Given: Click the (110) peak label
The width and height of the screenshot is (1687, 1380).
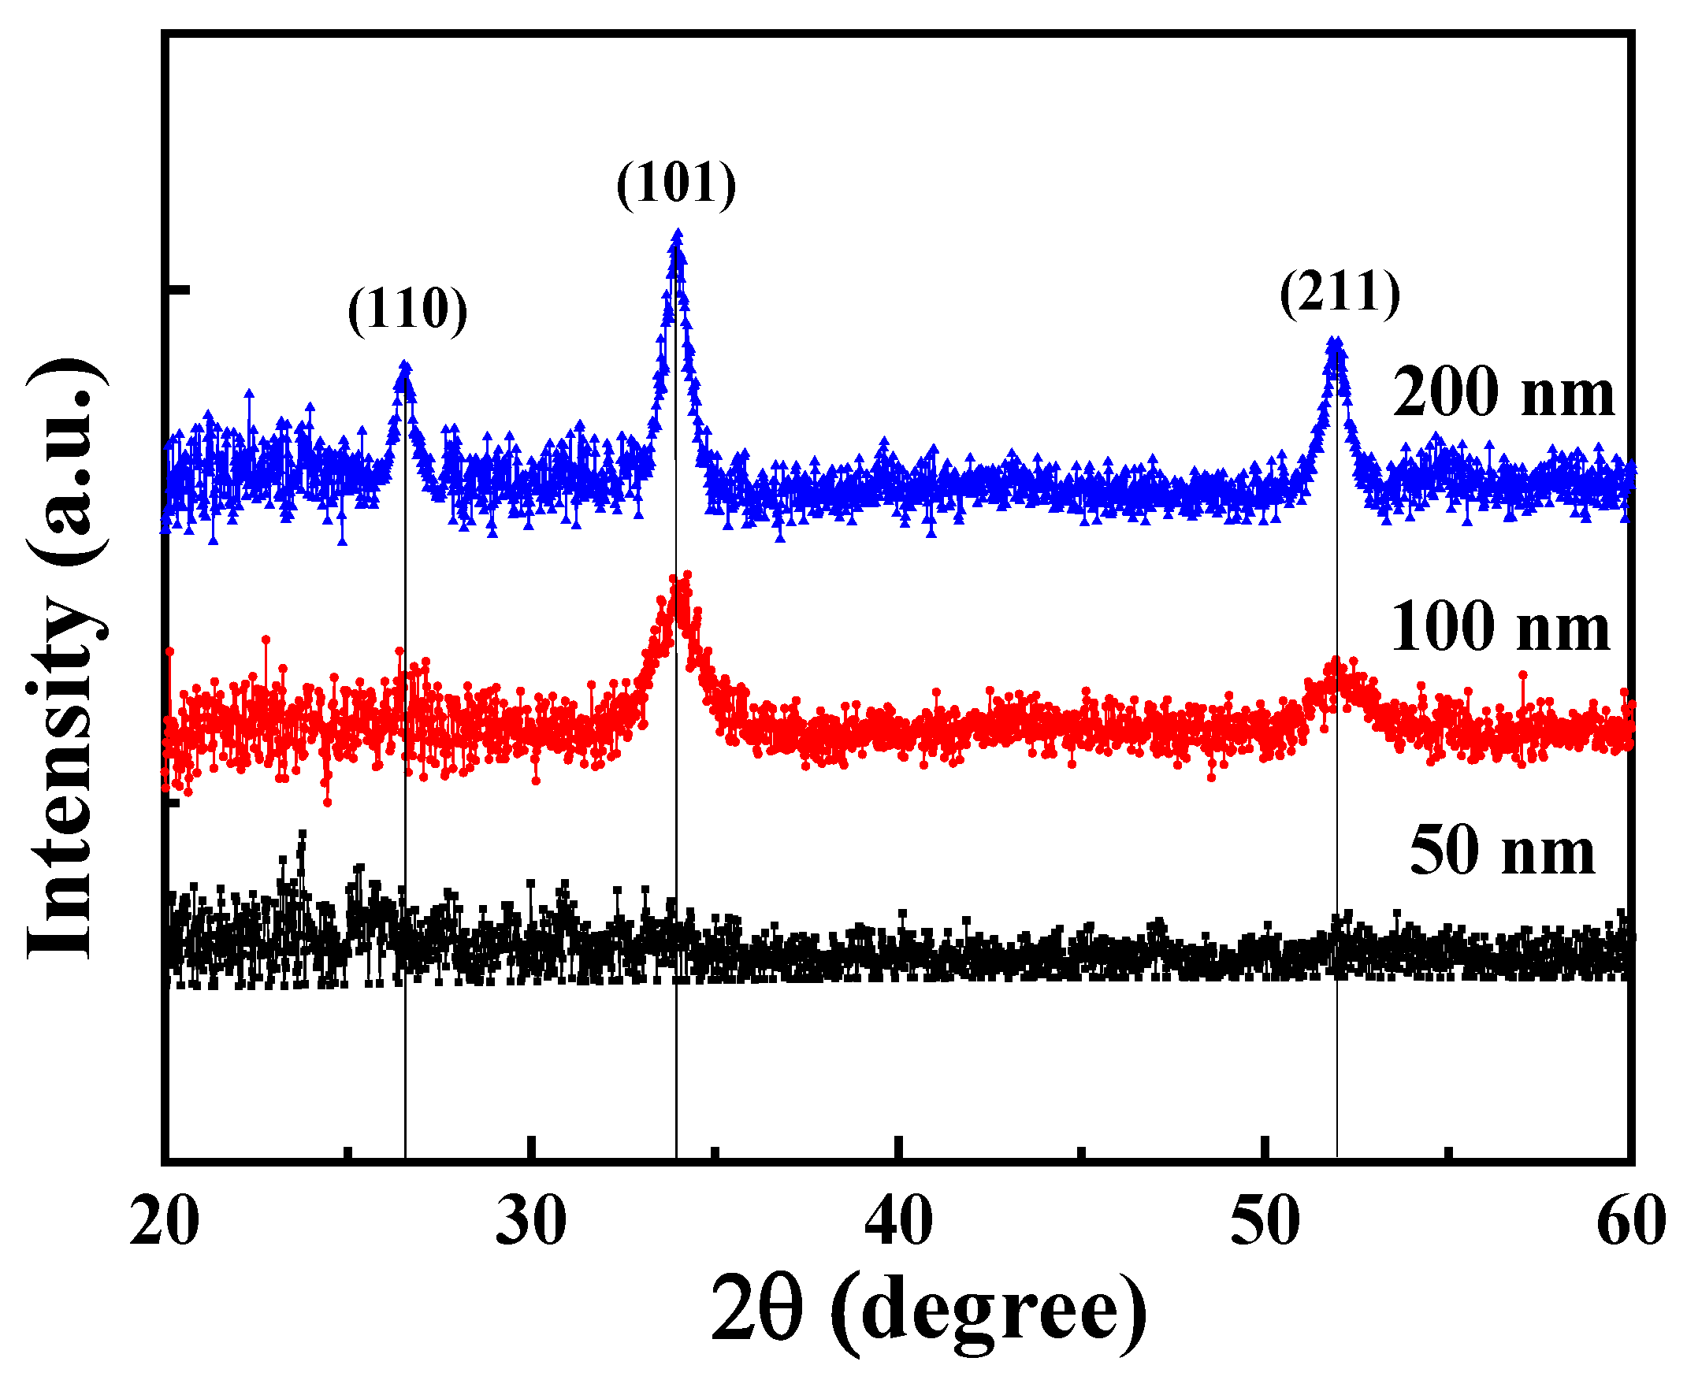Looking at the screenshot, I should coord(407,310).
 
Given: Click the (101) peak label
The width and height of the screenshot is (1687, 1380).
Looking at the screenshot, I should coord(677,184).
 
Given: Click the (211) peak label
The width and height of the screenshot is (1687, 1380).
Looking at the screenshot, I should coord(1340,293).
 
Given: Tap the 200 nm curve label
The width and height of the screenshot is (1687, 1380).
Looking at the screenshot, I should coord(1503,393).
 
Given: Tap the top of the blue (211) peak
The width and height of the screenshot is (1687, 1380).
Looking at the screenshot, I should coord(1335,342).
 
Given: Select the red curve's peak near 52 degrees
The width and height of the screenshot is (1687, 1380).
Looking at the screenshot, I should coord(1336,661).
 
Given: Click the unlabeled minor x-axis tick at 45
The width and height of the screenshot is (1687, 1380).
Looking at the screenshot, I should coord(1082,1152).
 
